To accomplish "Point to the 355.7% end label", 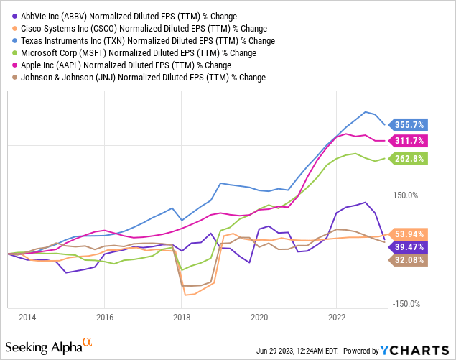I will [x=409, y=124].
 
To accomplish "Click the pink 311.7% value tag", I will [x=409, y=141].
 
